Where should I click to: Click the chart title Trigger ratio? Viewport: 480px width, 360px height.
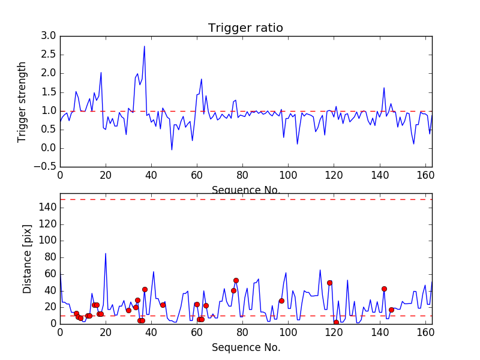[245, 28]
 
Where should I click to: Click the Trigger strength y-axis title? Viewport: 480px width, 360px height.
[22, 101]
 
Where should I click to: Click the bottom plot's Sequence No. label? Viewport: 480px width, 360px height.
[245, 347]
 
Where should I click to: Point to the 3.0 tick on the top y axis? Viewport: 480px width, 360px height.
[49, 36]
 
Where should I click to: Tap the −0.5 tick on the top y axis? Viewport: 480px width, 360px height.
[45, 167]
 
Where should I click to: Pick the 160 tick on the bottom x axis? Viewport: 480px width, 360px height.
[425, 332]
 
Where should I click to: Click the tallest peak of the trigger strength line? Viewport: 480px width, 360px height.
[144, 46]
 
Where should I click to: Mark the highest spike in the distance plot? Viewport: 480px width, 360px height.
[106, 253]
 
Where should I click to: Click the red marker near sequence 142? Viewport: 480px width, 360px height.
[384, 289]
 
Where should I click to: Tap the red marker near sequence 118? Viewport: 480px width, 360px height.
[329, 283]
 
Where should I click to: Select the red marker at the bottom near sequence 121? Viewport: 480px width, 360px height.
[336, 322]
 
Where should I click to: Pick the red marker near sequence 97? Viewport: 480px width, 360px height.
[281, 301]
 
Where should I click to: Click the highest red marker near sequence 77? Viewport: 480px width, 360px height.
[236, 280]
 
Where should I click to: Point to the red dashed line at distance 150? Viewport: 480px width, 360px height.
[246, 199]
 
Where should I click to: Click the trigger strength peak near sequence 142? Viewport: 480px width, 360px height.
[384, 88]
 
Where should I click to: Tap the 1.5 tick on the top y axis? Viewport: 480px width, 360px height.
[49, 92]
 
